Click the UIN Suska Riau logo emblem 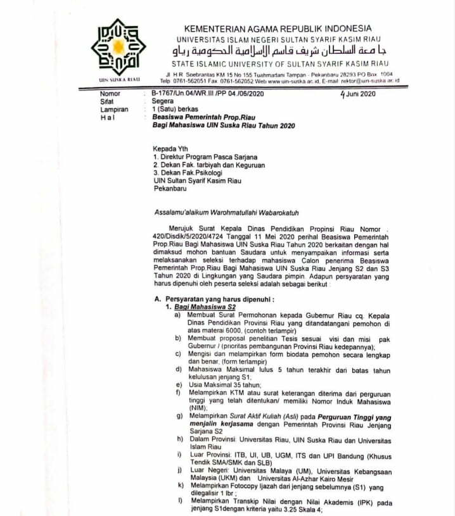click(119, 47)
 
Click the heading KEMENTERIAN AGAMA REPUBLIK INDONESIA click(278, 28)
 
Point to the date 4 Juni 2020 click(358, 94)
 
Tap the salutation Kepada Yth click(170, 149)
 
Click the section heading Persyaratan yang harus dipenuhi click(214, 298)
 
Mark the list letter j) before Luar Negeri click(179, 470)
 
